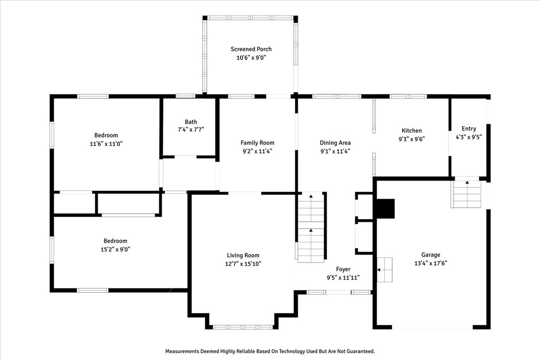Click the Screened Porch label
click(251, 49)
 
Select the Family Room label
click(257, 143)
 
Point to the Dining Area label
click(335, 143)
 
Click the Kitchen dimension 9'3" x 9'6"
click(412, 139)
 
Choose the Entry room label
click(468, 129)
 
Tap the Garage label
click(431, 255)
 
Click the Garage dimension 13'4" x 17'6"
click(431, 264)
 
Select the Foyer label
click(343, 270)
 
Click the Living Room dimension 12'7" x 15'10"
click(243, 264)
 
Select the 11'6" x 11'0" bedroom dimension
click(106, 144)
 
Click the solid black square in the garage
click(385, 208)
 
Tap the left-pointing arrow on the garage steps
click(380, 270)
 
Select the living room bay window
click(243, 327)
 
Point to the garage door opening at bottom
click(432, 327)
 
